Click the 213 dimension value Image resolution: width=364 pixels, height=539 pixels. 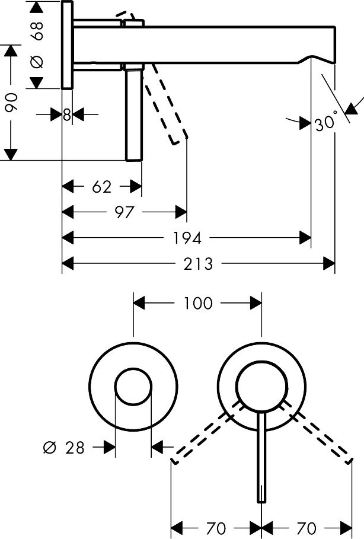pos(199,263)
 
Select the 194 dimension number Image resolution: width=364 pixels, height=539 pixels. pos(189,238)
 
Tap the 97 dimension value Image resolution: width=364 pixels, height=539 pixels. pos(124,212)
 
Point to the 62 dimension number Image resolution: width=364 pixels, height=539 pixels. pos(102,187)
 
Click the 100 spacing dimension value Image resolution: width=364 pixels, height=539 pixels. pos(198,304)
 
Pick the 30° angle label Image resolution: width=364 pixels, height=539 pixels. pos(326,123)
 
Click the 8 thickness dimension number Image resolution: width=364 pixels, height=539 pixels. pos(67,114)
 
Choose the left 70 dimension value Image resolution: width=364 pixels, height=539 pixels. pos(216,527)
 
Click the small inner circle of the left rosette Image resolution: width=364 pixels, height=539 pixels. pos(133,387)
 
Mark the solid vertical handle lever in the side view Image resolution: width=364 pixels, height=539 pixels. pos(134,113)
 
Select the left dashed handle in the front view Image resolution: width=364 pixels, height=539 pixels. pos(202,433)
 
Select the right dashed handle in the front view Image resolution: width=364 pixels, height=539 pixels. pos(320,433)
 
